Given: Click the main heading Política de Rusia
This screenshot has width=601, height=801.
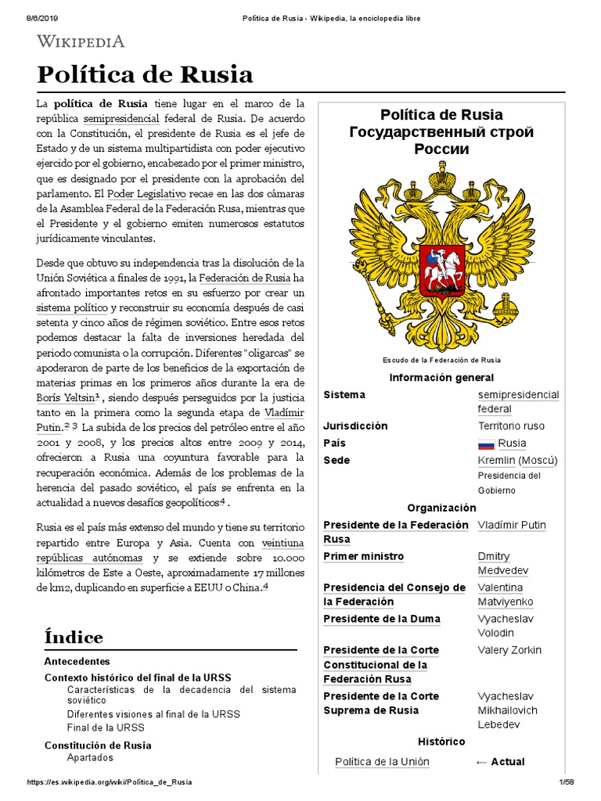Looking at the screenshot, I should pyautogui.click(x=146, y=74).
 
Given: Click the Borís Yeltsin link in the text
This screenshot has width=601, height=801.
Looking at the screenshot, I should pyautogui.click(x=64, y=397).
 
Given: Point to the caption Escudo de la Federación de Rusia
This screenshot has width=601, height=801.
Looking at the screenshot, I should pyautogui.click(x=441, y=360).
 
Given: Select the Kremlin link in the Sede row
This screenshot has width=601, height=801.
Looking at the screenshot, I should pyautogui.click(x=496, y=460).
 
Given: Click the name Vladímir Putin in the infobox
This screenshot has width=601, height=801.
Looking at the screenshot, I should pyautogui.click(x=512, y=525).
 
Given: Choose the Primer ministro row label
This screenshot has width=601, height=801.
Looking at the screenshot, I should pyautogui.click(x=363, y=556).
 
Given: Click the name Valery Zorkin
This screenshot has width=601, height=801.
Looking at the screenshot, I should pyautogui.click(x=509, y=650).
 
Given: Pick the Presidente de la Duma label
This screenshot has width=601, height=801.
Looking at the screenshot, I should pyautogui.click(x=382, y=619).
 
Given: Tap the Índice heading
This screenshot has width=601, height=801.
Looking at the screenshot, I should pyautogui.click(x=74, y=637).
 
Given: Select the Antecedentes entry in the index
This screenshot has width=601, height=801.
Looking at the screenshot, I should pyautogui.click(x=77, y=661).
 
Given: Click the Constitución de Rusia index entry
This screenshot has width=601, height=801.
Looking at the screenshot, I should pyautogui.click(x=98, y=745).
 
